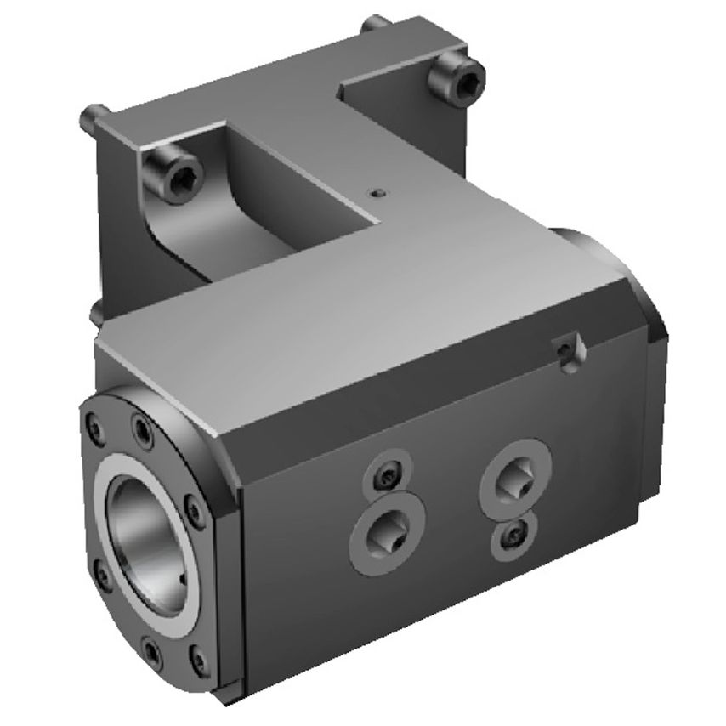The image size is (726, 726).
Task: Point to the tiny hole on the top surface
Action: [377, 193]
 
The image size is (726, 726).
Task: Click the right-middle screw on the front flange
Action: [196, 512]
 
